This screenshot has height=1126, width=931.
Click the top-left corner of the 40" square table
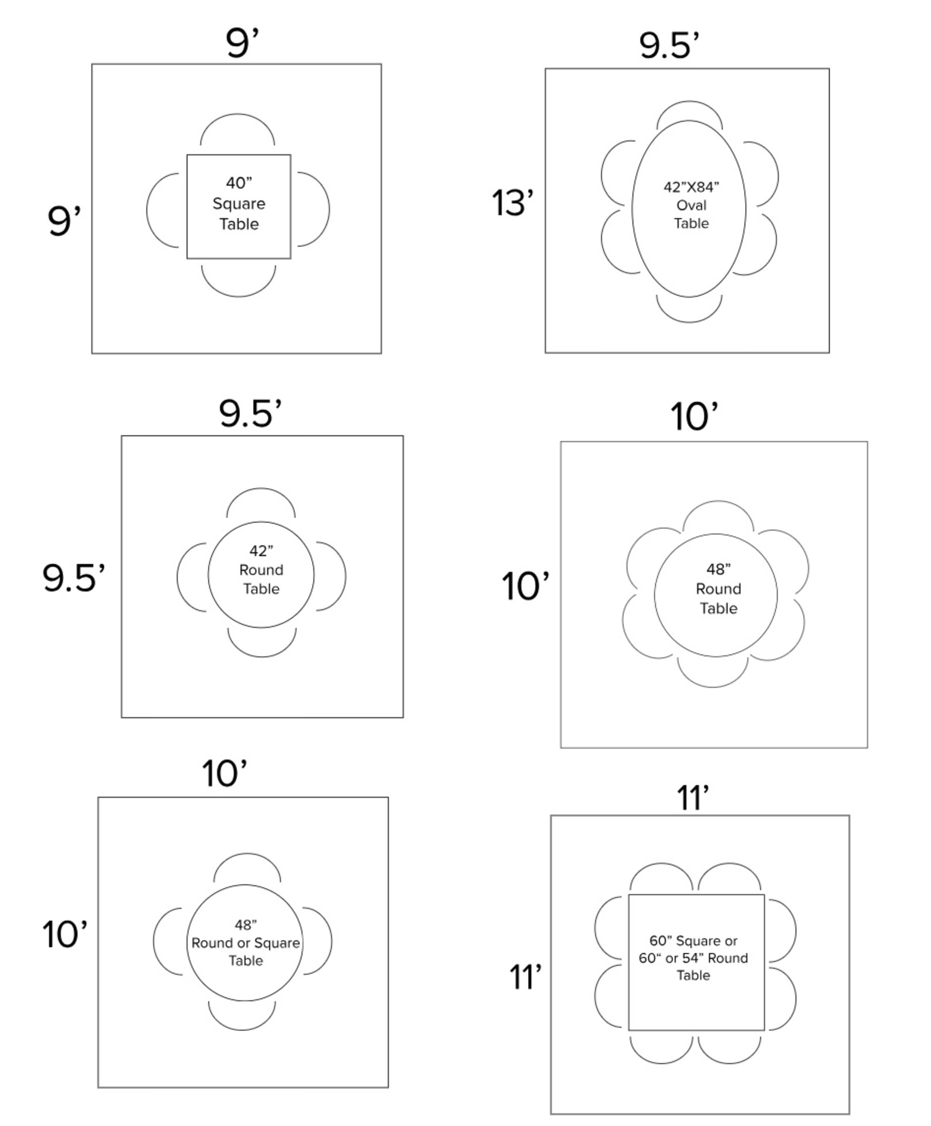[187, 155]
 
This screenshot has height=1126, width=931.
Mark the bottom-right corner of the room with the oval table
[829, 352]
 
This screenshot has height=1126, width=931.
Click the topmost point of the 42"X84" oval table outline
[689, 121]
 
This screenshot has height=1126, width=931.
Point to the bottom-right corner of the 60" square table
[764, 1030]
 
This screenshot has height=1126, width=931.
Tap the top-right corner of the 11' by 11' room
[849, 815]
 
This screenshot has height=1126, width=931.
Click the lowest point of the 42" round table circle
[261, 628]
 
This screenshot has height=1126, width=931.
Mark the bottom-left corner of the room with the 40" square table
[92, 353]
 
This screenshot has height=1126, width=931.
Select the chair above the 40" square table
[237, 130]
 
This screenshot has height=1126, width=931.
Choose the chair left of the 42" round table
[192, 577]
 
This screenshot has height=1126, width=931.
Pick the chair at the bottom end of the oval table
[689, 308]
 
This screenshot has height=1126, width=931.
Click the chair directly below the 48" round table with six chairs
[713, 672]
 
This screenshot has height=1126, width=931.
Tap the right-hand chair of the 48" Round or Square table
[317, 941]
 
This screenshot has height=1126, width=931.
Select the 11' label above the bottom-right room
[693, 798]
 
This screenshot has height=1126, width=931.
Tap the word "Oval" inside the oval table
[691, 205]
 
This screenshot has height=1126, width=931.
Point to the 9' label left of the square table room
[64, 220]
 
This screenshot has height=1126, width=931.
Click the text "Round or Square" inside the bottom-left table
[246, 943]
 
